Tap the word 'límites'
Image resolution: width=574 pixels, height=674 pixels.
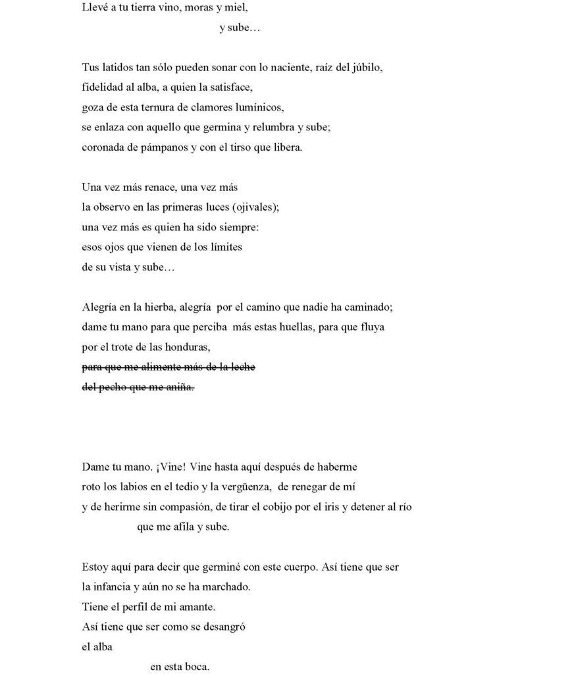[226, 247]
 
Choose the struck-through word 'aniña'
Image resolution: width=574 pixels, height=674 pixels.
[180, 387]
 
